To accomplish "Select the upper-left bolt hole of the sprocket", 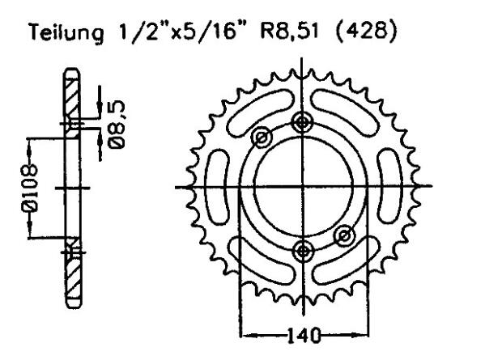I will tap(262, 138).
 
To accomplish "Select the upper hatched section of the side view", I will tap(72, 97).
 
